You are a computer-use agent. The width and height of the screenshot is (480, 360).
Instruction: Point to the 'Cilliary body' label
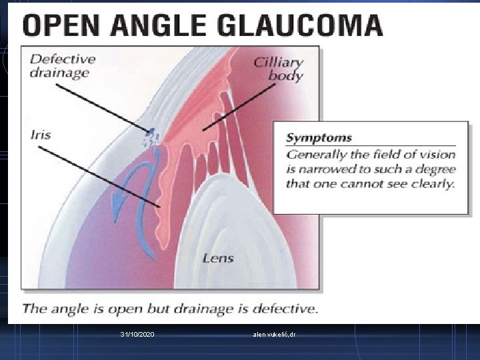[279, 68]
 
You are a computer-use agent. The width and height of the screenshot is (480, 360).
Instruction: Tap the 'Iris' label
[40, 134]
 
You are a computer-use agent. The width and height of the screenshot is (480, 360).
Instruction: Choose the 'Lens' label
[217, 257]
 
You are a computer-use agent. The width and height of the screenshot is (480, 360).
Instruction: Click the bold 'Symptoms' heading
[319, 138]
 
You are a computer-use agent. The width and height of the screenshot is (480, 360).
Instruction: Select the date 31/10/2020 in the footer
[137, 333]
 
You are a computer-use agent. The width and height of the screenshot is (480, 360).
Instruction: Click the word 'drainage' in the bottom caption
[226, 309]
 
